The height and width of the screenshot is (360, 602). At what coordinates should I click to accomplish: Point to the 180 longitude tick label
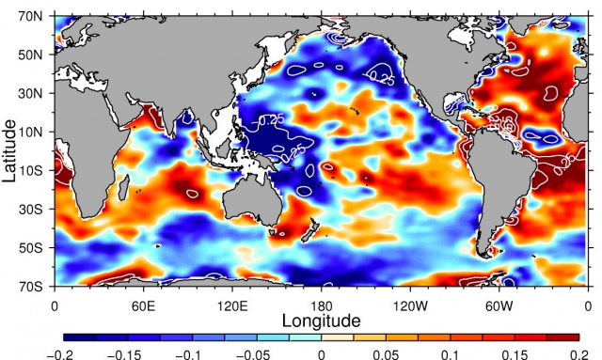click(x=321, y=305)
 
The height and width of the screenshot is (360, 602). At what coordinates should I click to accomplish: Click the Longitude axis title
click(x=321, y=321)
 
